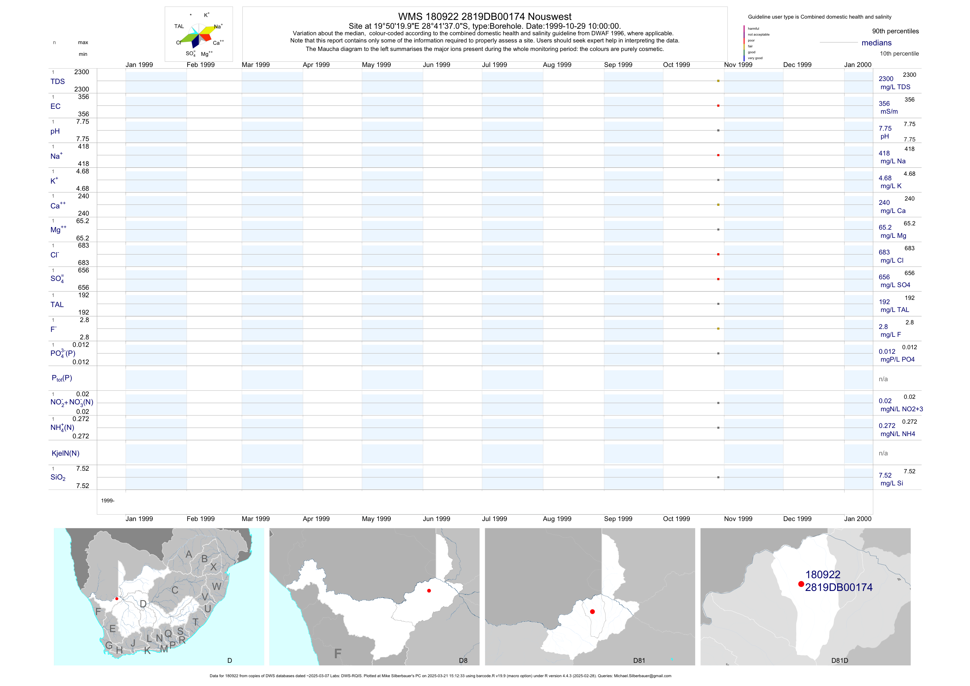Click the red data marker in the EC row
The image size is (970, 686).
718,106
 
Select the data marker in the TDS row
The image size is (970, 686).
718,81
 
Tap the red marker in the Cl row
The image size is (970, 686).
718,254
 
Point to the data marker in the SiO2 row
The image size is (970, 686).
718,477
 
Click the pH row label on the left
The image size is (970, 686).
55,131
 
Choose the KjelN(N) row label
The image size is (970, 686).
65,453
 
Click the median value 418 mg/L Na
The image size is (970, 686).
884,153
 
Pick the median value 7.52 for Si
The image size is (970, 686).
885,476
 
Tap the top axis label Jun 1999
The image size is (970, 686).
436,65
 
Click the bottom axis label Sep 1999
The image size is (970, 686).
618,519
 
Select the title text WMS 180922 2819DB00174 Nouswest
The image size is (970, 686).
485,16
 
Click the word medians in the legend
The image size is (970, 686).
877,43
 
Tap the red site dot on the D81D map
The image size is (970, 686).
801,584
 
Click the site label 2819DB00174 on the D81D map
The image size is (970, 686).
839,588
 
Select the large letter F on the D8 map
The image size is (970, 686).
337,654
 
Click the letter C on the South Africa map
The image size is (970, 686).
175,590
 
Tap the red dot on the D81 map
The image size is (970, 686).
592,612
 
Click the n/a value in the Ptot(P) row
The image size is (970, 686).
883,379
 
